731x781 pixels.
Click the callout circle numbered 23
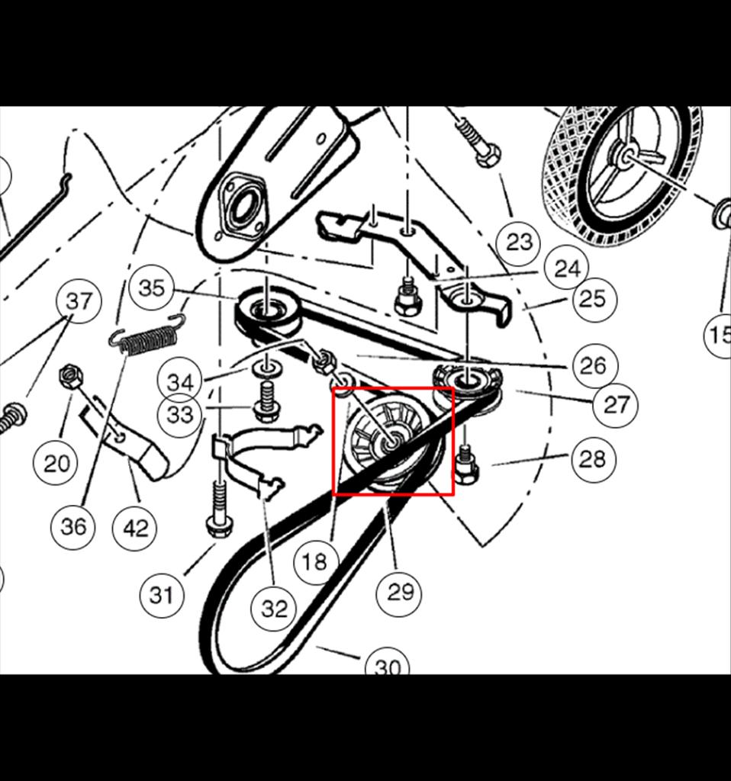click(x=519, y=242)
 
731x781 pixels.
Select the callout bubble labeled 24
click(x=568, y=269)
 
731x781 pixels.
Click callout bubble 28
click(x=593, y=458)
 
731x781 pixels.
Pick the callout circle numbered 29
click(x=399, y=593)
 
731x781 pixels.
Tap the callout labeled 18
click(x=315, y=562)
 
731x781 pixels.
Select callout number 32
click(x=273, y=609)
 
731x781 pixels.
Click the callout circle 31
click(x=161, y=595)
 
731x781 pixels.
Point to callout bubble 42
click(x=134, y=528)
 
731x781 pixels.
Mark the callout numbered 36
click(x=72, y=526)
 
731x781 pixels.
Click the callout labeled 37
click(x=79, y=301)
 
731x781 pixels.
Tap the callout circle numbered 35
click(x=151, y=288)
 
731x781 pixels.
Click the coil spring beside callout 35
click(x=148, y=336)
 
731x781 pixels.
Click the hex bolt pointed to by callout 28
click(x=465, y=464)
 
